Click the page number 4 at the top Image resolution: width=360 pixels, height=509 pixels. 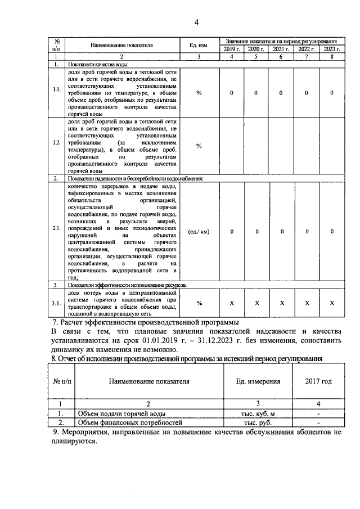pyautogui.click(x=196, y=22)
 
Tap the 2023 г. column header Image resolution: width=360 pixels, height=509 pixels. pyautogui.click(x=332, y=49)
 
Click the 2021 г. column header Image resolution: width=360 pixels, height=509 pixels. pyautogui.click(x=281, y=49)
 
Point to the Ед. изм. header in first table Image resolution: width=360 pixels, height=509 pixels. pyautogui.click(x=199, y=46)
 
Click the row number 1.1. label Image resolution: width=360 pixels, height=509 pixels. pyautogui.click(x=57, y=93)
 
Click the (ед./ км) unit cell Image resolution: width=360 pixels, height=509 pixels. pyautogui.click(x=199, y=231)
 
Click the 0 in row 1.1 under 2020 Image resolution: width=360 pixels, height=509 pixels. pyautogui.click(x=256, y=93)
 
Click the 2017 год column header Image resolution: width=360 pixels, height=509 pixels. pyautogui.click(x=318, y=381)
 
